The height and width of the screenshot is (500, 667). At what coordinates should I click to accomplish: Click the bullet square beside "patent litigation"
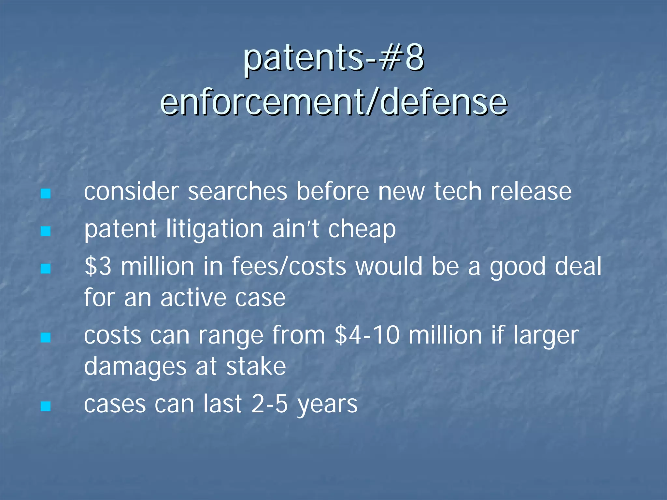(46, 231)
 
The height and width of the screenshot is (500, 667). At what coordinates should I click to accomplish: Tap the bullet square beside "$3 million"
(46, 269)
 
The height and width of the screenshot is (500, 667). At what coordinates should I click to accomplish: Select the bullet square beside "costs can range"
(46, 337)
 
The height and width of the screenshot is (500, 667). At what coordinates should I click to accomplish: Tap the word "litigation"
(214, 229)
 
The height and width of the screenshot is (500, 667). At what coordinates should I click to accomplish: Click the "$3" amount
(98, 266)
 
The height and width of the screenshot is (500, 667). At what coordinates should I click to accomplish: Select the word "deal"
(578, 266)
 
